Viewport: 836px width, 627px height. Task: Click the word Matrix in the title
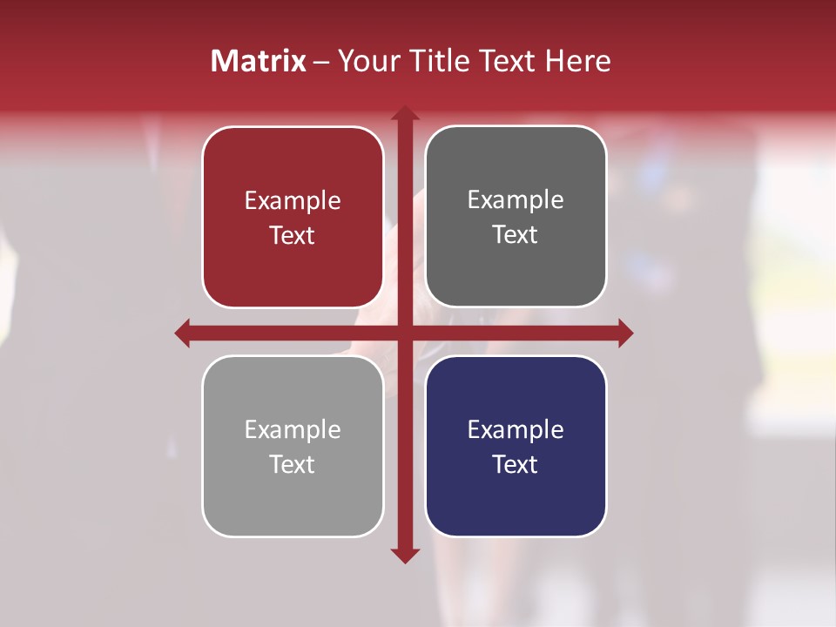tap(259, 61)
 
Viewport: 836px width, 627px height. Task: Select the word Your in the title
tap(366, 61)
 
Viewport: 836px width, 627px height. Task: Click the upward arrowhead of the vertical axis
tap(404, 113)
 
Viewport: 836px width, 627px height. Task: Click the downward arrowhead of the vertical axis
tap(404, 555)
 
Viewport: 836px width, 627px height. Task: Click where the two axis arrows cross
tap(404, 333)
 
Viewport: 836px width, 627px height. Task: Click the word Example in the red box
tap(293, 201)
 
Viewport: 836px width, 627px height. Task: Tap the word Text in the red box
tap(293, 235)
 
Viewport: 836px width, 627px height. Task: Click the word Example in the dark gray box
tap(516, 200)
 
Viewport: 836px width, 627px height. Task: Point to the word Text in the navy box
tap(516, 464)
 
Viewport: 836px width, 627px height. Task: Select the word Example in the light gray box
tap(293, 430)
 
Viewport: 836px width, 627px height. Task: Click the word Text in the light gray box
tap(293, 464)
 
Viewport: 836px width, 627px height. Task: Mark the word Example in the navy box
tap(516, 430)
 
